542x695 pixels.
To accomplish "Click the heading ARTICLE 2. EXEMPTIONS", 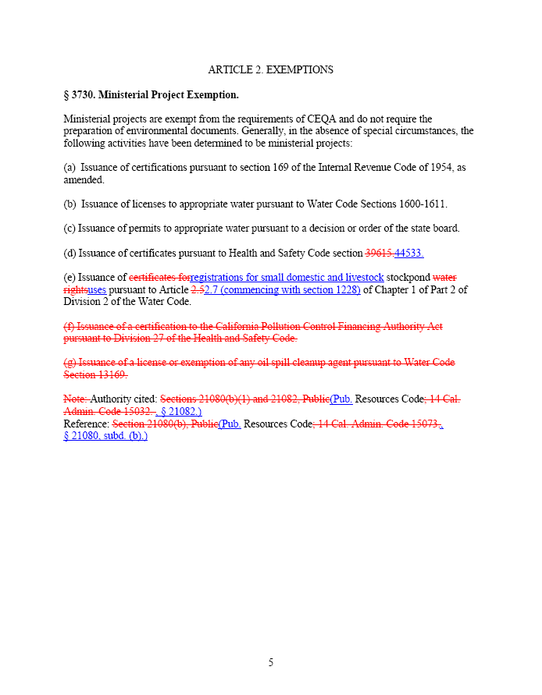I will [x=270, y=70].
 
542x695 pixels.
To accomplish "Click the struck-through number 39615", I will [x=379, y=253].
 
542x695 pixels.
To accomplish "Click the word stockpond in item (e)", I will [x=408, y=277].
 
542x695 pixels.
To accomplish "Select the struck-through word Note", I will [x=75, y=399].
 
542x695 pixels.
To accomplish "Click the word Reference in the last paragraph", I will [x=86, y=424].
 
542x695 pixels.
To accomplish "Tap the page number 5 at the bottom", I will [x=271, y=663].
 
